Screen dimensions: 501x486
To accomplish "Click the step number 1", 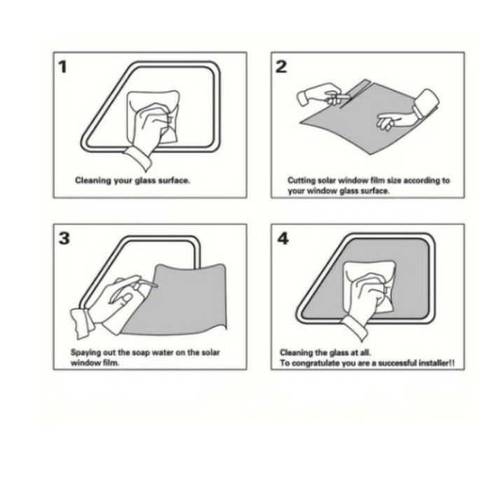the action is pos(63,67).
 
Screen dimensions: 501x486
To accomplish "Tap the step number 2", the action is pos(281,67).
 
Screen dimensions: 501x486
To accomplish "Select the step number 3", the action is pos(64,238).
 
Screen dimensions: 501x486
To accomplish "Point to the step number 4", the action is pos(283,238).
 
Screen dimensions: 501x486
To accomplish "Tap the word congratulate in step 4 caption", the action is pos(315,363).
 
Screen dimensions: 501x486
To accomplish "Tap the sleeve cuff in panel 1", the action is pos(138,159).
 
